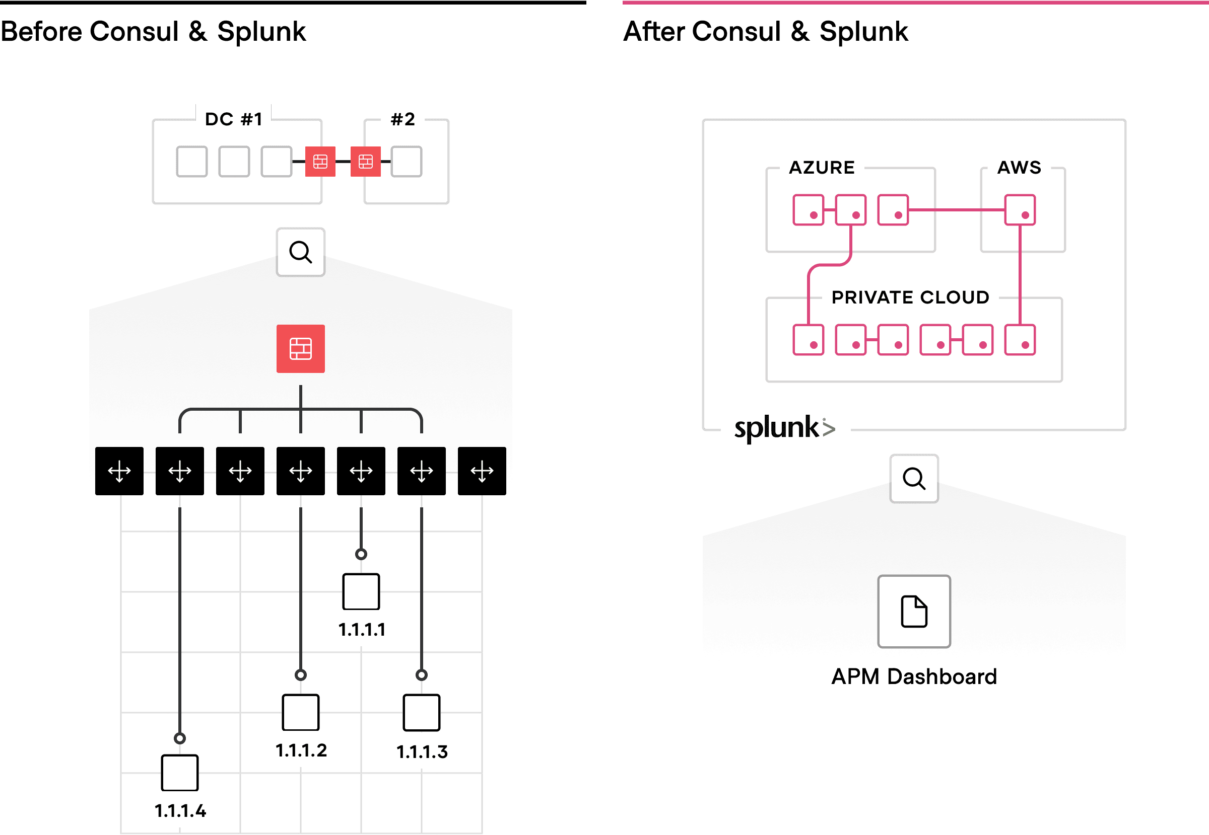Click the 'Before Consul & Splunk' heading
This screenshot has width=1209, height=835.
click(153, 31)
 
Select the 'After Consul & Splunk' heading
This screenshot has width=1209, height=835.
click(765, 31)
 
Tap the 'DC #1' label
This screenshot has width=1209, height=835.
click(234, 119)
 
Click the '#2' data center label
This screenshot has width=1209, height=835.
click(402, 119)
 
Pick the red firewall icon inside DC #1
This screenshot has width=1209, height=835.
click(320, 162)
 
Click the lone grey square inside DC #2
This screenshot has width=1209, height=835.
click(407, 162)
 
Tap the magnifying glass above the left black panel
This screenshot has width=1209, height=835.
click(301, 252)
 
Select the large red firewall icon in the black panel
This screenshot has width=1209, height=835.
click(301, 348)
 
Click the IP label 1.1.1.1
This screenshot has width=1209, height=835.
click(361, 629)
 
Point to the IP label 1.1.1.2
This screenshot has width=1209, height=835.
click(301, 750)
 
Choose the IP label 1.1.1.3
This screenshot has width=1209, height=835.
click(422, 751)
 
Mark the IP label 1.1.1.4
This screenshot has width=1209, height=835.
click(180, 810)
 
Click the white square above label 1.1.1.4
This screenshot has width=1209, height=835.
click(180, 772)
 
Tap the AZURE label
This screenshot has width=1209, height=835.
click(822, 168)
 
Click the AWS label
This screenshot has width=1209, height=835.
click(1019, 168)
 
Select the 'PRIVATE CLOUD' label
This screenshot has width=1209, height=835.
click(910, 297)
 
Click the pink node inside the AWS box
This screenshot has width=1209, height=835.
click(1020, 210)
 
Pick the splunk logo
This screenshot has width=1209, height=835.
click(784, 428)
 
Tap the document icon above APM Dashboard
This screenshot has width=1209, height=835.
click(914, 611)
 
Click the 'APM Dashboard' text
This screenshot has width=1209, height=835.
click(914, 676)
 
